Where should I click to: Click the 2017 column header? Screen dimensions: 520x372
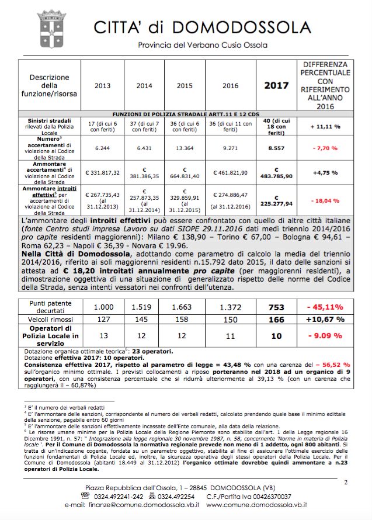(276, 85)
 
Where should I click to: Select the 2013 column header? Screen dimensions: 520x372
(102, 86)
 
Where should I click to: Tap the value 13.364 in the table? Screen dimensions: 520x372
(185, 148)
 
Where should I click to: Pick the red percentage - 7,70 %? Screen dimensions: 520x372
(325, 148)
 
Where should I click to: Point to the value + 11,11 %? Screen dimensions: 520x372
(325, 126)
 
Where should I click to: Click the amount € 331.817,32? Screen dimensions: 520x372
(103, 173)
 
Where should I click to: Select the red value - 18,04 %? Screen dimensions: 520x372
(325, 200)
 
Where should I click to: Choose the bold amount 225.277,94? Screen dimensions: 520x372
(276, 204)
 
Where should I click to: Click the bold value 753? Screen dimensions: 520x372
(276, 307)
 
